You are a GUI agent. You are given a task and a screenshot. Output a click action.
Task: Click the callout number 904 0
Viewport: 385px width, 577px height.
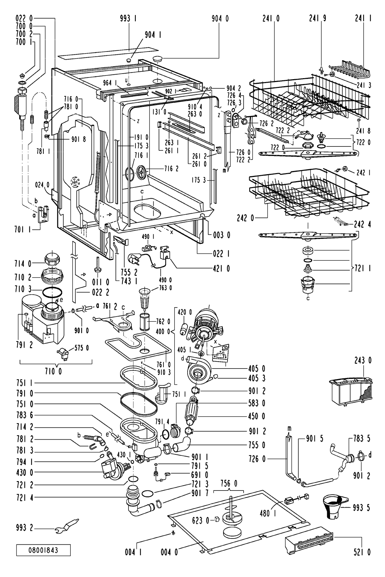click(x=220, y=19)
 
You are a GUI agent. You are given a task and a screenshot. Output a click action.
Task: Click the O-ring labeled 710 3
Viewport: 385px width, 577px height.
click(x=52, y=291)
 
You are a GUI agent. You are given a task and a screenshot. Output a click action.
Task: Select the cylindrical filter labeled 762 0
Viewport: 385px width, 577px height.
click(x=144, y=320)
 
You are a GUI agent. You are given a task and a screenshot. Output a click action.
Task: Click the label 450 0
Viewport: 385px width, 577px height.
click(x=256, y=416)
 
